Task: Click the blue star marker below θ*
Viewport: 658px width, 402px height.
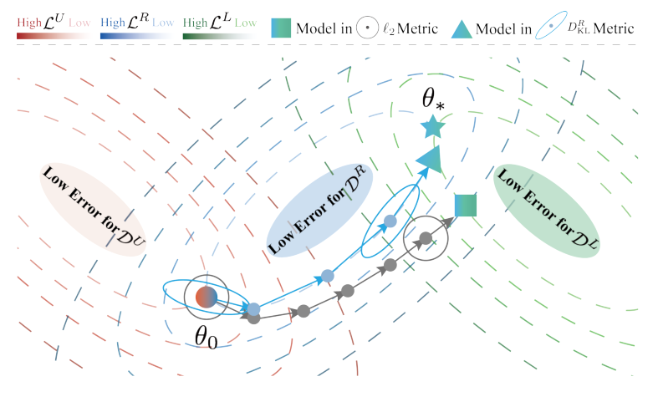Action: click(432, 127)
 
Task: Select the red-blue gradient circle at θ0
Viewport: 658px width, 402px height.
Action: click(206, 297)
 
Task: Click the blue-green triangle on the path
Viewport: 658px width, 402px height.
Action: click(430, 159)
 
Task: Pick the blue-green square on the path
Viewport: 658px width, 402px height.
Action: click(466, 205)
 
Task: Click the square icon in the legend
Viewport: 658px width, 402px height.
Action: click(282, 28)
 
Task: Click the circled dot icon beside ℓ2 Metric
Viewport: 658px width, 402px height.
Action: click(366, 28)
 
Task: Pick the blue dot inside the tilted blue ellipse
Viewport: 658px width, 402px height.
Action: click(389, 221)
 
